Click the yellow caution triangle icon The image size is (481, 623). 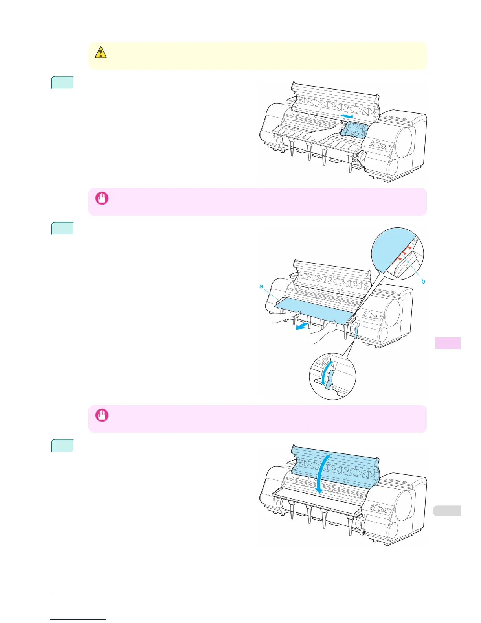101,52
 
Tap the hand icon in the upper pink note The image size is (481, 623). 102,198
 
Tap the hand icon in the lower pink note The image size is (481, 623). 102,415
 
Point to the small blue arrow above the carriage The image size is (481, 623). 347,116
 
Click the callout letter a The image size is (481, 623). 261,286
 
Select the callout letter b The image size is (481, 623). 423,281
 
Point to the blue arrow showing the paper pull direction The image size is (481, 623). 302,326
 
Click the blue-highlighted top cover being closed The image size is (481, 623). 334,468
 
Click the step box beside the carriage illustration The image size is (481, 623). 62,82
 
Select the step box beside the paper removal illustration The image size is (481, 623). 62,228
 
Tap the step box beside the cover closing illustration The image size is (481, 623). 62,445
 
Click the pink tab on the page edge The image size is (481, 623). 448,343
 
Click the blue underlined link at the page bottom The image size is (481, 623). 78,620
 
